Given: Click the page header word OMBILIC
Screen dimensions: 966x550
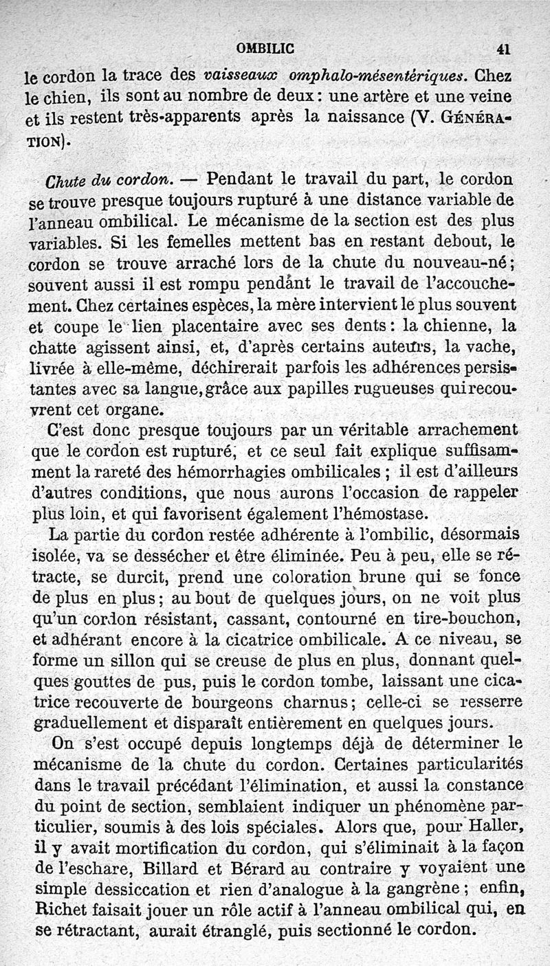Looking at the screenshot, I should [x=265, y=48].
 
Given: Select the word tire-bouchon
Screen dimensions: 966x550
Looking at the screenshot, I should [x=457, y=618].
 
